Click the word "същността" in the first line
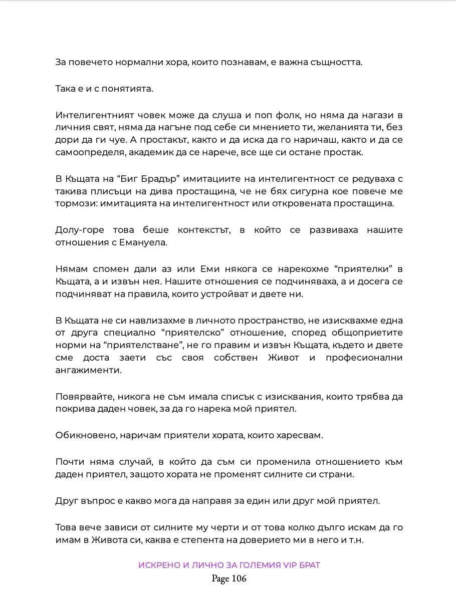tap(336, 63)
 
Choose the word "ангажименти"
tap(88, 371)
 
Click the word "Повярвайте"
tap(83, 397)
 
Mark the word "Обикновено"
tap(86, 435)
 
